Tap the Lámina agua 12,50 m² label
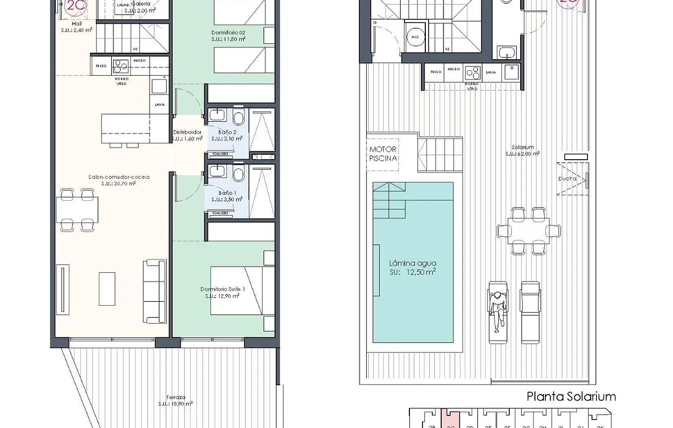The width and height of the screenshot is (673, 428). pos(413,267)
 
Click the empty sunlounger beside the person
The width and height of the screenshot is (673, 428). pos(530,311)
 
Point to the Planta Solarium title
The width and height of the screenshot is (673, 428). pos(571,396)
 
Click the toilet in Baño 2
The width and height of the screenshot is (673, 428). pos(238,117)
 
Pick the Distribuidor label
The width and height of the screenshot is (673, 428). pos(187,136)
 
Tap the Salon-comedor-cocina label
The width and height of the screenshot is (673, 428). pos(118,180)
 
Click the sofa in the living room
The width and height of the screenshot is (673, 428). pos(154,291)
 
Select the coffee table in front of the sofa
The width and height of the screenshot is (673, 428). pos(107,289)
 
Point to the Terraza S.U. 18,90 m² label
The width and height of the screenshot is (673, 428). pos(176,401)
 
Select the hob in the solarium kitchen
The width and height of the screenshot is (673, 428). pos(472,72)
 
